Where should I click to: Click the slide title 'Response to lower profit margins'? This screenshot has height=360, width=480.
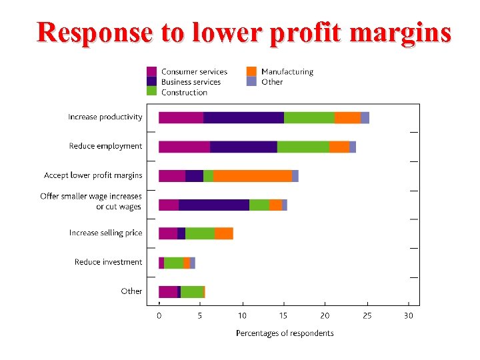click(x=243, y=31)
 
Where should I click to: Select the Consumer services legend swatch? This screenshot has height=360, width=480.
click(x=152, y=71)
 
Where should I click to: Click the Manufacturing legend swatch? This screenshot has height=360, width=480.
click(x=251, y=71)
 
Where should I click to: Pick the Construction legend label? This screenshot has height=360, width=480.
click(x=184, y=93)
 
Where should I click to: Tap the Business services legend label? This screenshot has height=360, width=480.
click(x=191, y=82)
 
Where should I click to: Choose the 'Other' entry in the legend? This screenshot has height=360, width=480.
click(x=272, y=82)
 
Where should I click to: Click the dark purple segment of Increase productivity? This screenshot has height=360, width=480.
click(x=243, y=117)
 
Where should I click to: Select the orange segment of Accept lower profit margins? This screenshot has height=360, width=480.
click(x=253, y=175)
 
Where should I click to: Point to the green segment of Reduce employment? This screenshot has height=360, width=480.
click(x=303, y=147)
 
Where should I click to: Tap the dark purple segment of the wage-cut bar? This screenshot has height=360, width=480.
click(x=214, y=205)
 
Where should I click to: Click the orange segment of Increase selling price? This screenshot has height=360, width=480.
click(x=224, y=233)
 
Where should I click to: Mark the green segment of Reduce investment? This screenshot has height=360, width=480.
click(x=173, y=263)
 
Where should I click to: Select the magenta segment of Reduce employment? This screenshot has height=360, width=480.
click(x=184, y=147)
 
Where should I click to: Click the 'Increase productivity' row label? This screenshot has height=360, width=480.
click(x=105, y=117)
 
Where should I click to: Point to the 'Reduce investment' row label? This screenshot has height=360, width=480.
click(x=108, y=262)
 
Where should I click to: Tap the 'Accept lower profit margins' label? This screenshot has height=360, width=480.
click(x=93, y=175)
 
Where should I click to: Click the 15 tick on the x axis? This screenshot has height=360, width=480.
click(x=283, y=316)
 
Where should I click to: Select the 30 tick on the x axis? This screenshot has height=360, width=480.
click(x=408, y=316)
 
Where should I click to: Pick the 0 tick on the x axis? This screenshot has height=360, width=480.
click(x=159, y=316)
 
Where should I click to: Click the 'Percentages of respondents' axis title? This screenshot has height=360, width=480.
click(x=285, y=333)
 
